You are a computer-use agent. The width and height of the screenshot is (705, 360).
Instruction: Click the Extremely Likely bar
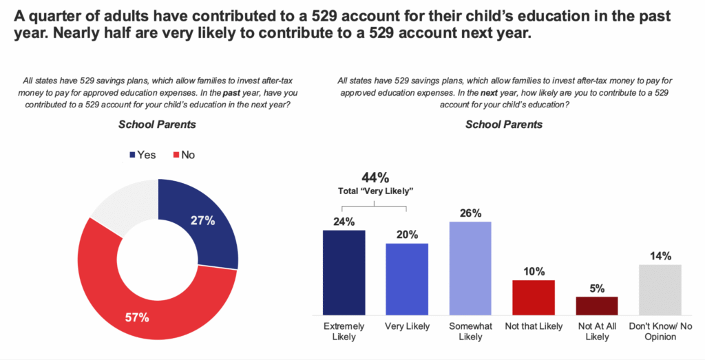(344, 272)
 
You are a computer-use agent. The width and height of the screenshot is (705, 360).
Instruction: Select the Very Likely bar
(407, 279)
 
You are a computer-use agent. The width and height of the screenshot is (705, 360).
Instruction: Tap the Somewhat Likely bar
(470, 268)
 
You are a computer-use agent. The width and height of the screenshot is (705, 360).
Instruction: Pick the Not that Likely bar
(533, 297)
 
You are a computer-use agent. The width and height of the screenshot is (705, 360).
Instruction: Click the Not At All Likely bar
(596, 305)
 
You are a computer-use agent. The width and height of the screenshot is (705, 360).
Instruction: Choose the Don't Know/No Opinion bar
(660, 289)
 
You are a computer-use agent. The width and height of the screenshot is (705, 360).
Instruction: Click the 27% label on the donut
(203, 221)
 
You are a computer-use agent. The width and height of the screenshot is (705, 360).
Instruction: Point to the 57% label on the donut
(138, 317)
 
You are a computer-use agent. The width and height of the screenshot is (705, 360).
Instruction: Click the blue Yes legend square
(131, 155)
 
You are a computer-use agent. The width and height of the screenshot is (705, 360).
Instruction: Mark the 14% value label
(660, 255)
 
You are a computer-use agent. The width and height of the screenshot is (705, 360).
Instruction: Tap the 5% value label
(596, 288)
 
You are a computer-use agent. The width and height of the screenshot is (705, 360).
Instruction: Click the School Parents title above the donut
(157, 125)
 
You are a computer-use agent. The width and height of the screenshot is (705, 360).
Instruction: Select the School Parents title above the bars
(503, 125)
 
